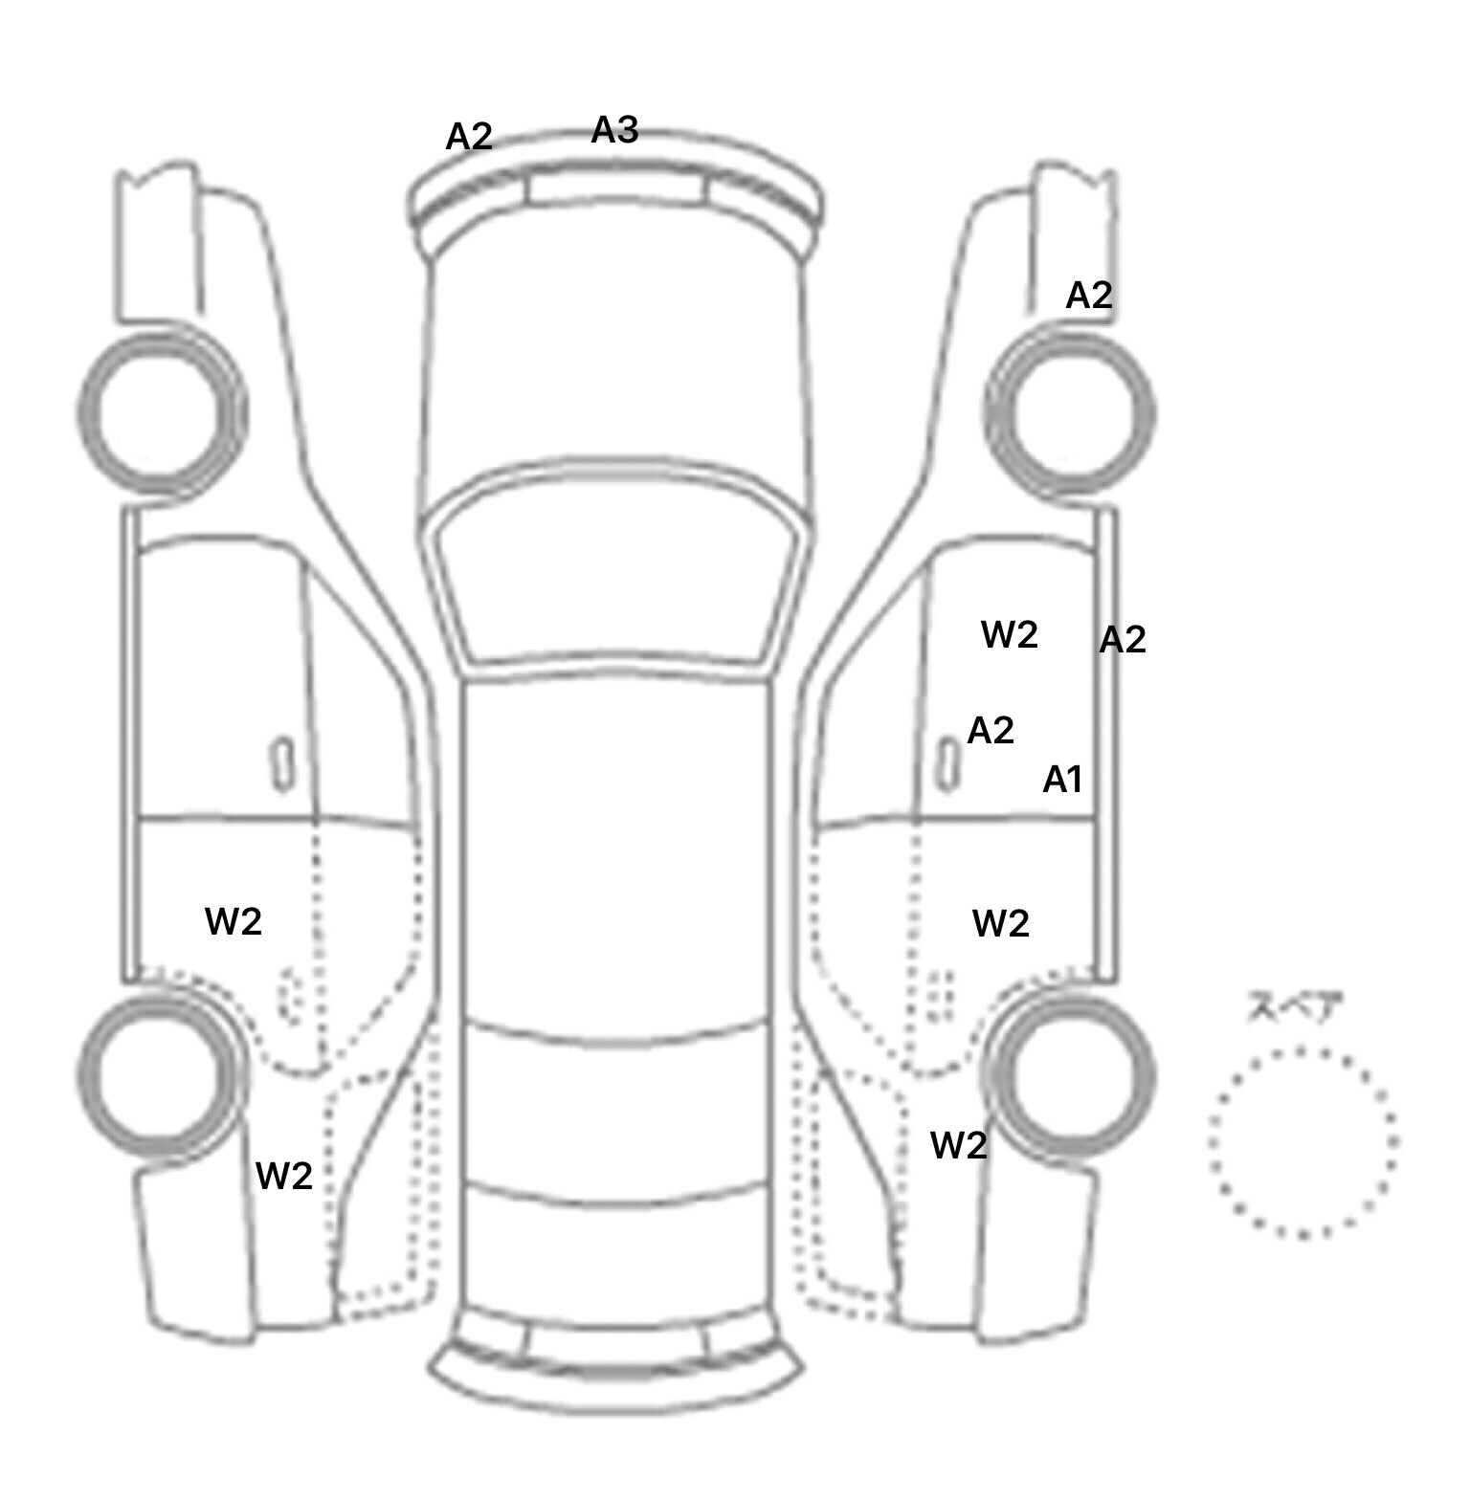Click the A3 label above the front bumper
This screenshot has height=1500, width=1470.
click(614, 129)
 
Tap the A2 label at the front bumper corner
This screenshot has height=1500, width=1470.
click(469, 137)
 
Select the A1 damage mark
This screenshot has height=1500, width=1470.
click(1062, 780)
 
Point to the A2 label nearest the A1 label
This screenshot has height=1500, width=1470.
click(991, 731)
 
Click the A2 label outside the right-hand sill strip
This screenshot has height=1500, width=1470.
click(1123, 640)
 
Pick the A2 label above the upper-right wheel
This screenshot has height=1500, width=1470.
click(1089, 296)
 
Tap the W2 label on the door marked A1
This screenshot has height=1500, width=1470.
click(1010, 634)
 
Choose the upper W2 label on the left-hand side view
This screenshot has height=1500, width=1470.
click(234, 921)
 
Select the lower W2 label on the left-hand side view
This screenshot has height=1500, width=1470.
click(284, 1176)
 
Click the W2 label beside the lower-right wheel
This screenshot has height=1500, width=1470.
click(959, 1145)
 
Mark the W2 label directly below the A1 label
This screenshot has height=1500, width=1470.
click(1001, 923)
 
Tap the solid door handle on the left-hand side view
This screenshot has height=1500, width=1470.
click(281, 764)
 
